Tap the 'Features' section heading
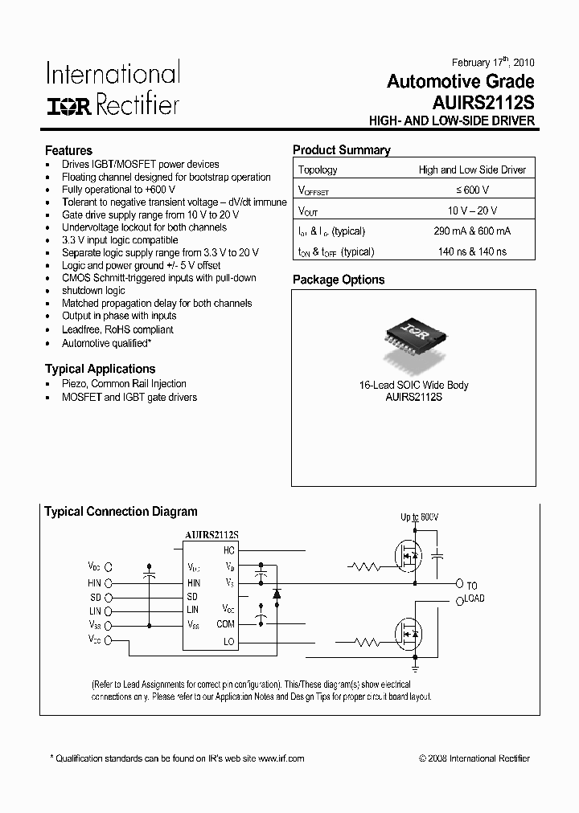(68, 150)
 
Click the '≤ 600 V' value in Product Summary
(472, 190)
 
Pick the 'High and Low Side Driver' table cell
(472, 170)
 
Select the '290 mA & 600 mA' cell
(472, 231)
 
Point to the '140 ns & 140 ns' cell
(472, 251)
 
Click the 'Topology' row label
(318, 170)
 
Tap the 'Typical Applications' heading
(100, 369)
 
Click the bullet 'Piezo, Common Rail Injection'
(124, 384)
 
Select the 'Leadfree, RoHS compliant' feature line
(117, 329)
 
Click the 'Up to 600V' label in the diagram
(420, 517)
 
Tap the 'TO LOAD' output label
(472, 591)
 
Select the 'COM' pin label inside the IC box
(225, 623)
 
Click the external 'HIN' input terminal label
(95, 582)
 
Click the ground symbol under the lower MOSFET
(416, 666)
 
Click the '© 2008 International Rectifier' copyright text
(474, 758)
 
